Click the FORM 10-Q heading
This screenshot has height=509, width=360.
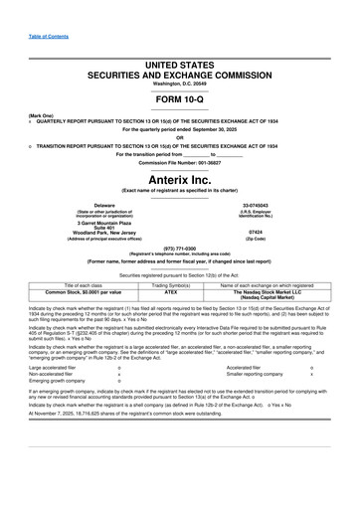pyautogui.click(x=179, y=102)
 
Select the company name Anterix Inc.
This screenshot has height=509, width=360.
pyautogui.click(x=179, y=177)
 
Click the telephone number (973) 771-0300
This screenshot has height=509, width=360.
pyautogui.click(x=179, y=249)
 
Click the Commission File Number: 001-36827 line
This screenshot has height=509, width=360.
pyautogui.click(x=179, y=162)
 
